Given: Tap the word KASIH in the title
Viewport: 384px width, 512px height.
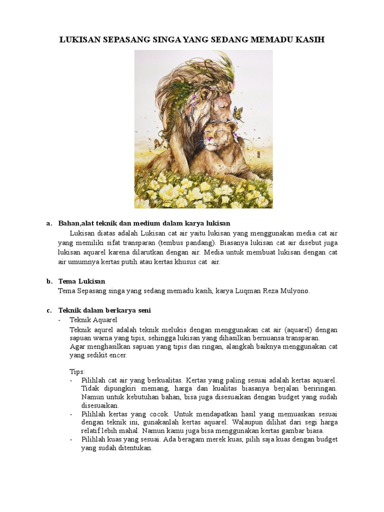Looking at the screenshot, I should point(309,39).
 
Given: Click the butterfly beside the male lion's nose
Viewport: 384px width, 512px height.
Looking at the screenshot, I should point(238,114).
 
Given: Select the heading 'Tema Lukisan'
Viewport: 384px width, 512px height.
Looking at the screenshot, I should point(81,281).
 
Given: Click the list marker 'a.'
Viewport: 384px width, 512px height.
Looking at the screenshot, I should point(49,223).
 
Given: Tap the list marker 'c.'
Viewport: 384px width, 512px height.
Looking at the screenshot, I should point(49,310).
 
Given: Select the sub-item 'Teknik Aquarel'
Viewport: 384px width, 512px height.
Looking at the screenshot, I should point(93,320).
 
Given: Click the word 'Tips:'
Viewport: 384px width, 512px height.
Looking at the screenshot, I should point(77,372).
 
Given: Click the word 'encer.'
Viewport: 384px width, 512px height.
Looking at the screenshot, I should point(118,355).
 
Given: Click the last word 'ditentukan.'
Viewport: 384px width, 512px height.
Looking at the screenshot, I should point(133,448).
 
